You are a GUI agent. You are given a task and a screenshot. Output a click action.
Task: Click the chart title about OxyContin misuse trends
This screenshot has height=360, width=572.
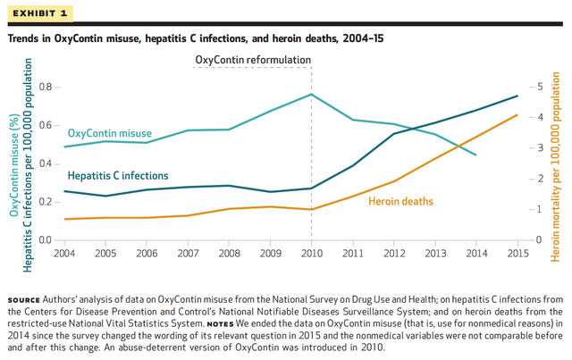tap(194, 39)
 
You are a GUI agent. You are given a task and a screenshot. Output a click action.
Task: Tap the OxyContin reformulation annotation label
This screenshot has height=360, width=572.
tap(253, 60)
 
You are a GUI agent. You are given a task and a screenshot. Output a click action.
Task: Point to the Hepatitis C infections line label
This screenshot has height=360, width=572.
tap(118, 176)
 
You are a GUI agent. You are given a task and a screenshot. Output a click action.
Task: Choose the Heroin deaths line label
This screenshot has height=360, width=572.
tap(400, 202)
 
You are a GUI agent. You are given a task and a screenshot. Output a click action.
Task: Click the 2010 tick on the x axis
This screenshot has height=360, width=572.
tap(311, 255)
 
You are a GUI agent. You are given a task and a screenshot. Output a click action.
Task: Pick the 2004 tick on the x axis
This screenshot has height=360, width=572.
tap(64, 255)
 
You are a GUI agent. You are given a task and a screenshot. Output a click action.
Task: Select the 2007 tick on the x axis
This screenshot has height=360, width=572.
tap(188, 255)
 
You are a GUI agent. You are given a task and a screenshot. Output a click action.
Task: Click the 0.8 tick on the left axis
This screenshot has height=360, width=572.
tap(46, 87)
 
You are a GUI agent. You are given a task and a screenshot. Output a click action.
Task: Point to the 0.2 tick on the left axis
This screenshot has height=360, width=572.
tap(46, 202)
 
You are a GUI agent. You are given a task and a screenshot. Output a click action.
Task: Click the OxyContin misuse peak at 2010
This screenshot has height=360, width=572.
tap(311, 94)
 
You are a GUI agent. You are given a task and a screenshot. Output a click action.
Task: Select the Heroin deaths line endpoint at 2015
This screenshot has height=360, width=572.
tap(517, 114)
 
